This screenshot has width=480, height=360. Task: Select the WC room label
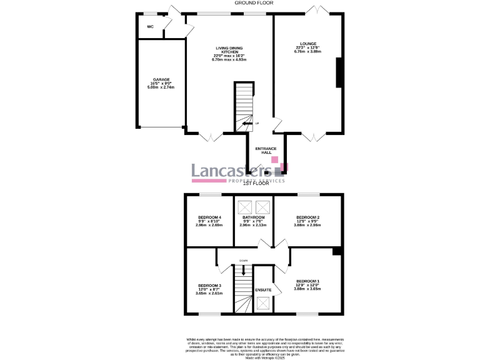[x=150, y=27]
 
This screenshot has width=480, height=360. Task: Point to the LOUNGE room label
[x=307, y=44]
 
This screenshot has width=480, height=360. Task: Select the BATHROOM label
[x=254, y=217]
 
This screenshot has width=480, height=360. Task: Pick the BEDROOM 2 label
[x=307, y=217]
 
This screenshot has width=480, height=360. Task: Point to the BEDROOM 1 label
[x=307, y=281]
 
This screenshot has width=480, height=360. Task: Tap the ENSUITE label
[x=263, y=290]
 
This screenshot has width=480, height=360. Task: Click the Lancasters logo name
[x=230, y=171]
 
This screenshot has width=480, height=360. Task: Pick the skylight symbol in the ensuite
[x=263, y=304]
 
